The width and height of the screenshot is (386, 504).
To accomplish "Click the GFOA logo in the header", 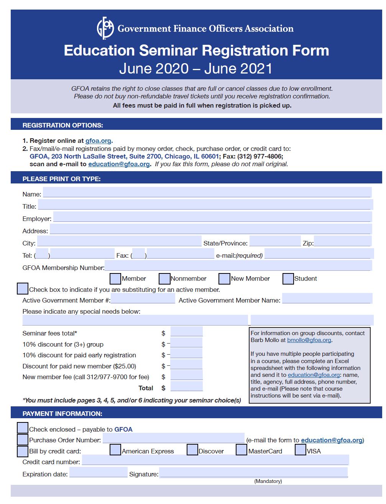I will pyautogui.click(x=105, y=28).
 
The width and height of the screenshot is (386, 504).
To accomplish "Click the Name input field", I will pyautogui.click(x=207, y=192).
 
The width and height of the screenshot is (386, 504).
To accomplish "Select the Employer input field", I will pyautogui.click(x=212, y=217).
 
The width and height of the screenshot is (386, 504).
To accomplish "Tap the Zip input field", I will pyautogui.click(x=342, y=241).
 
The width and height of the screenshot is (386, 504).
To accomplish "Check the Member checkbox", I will pyautogui.click(x=115, y=279).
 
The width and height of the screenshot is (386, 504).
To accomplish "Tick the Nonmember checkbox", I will pyautogui.click(x=164, y=279).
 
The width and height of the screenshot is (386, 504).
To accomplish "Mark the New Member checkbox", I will pyautogui.click(x=225, y=279).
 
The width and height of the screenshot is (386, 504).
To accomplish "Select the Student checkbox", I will pyautogui.click(x=288, y=279).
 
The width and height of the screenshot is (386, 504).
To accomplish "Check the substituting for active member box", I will pyautogui.click(x=23, y=289).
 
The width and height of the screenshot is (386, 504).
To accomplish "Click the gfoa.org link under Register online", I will pyautogui.click(x=98, y=141).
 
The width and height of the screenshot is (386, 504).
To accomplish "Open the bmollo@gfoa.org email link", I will pyautogui.click(x=309, y=340).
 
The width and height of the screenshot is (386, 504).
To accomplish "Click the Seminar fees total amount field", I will pyautogui.click(x=186, y=332).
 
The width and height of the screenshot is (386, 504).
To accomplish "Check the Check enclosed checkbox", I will pyautogui.click(x=23, y=428).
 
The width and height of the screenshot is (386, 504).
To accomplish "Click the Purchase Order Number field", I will pyautogui.click(x=173, y=439).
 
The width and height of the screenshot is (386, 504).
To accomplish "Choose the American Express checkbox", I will pyautogui.click(x=115, y=450).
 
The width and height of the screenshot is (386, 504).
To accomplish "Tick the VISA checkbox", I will pyautogui.click(x=301, y=450).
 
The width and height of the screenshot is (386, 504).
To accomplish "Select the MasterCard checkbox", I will pyautogui.click(x=241, y=450).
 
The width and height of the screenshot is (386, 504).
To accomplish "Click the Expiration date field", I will pyautogui.click(x=99, y=472).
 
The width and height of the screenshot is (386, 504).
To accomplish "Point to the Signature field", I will pyautogui.click(x=253, y=473).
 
